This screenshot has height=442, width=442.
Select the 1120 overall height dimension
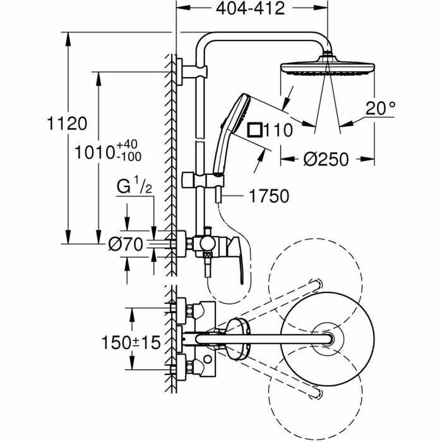67,124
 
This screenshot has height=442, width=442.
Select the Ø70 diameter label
125,244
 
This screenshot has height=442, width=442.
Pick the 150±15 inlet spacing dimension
131,343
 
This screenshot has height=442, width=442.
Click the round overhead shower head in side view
327,69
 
